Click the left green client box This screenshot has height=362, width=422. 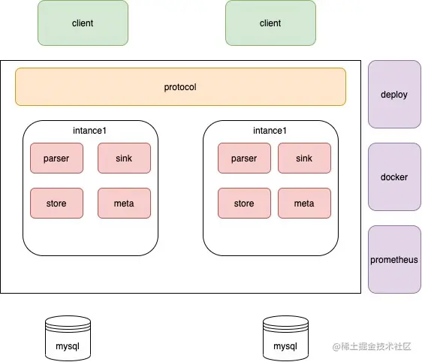click(83, 23)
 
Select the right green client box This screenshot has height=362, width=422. click(270, 23)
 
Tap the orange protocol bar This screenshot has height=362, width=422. click(180, 87)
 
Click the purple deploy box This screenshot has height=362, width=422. click(394, 95)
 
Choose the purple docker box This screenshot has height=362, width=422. click(394, 177)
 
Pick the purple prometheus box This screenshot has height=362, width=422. click(394, 260)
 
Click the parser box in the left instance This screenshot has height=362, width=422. click(56, 158)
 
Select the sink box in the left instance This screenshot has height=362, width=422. click(124, 158)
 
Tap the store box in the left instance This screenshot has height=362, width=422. click(56, 204)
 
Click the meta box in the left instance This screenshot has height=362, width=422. click(124, 204)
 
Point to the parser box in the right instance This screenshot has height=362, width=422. click(244, 158)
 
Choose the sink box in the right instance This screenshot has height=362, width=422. click(304, 158)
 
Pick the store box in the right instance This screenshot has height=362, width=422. click(244, 204)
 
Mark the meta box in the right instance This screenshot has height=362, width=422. click(304, 204)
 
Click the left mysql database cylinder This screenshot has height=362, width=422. click(68, 338)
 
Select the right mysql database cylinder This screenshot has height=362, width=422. click(285, 338)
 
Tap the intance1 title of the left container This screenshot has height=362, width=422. click(90, 131)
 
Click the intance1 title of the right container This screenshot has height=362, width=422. click(270, 131)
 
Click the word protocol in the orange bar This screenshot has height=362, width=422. click(180, 87)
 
